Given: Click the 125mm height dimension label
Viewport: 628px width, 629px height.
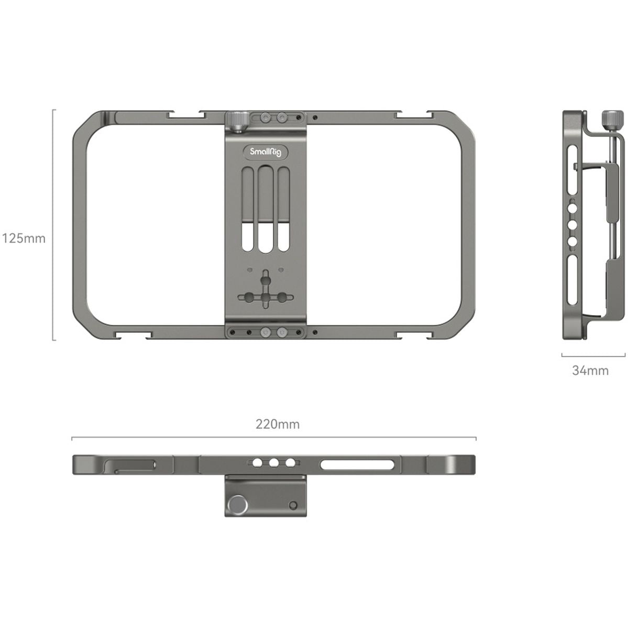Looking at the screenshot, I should click(24, 238).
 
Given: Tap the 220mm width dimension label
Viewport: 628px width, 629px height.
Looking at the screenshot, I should click(278, 424).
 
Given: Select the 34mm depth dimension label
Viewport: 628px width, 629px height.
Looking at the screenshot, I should click(590, 371).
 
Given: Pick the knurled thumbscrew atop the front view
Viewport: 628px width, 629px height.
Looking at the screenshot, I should click(237, 122).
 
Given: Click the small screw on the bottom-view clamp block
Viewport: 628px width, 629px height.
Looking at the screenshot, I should click(293, 505).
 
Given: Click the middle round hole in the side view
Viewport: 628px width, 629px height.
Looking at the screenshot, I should click(572, 224).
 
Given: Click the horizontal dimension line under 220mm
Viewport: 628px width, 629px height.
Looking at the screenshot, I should click(273, 437).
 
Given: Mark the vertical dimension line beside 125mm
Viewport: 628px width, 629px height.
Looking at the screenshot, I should click(53, 225).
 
